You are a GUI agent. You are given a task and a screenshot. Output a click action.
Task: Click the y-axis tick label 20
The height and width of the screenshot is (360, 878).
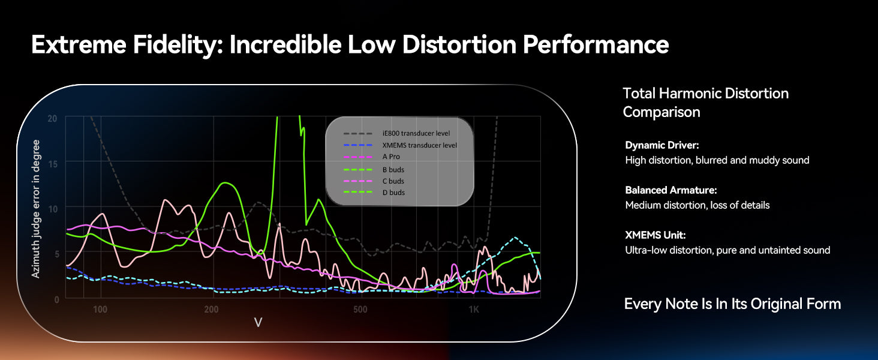[x=52, y=118]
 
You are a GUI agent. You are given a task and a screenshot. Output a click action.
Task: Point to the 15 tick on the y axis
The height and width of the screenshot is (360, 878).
[x=53, y=163]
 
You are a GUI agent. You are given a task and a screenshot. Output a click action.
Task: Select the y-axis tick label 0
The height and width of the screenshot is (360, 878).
[x=55, y=298]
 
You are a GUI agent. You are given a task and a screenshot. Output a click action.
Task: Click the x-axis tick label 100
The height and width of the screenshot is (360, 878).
[x=100, y=310]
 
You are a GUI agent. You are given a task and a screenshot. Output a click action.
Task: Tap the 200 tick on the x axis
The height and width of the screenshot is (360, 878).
[x=211, y=310]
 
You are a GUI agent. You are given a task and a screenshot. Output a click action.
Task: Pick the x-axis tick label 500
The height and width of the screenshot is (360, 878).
[x=360, y=310]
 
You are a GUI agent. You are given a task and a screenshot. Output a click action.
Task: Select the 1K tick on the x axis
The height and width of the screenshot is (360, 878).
[x=474, y=310]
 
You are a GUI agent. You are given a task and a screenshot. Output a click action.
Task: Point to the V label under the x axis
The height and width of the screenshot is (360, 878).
[x=258, y=323]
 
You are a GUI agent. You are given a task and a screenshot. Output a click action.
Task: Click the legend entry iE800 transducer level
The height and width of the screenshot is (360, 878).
[x=416, y=133]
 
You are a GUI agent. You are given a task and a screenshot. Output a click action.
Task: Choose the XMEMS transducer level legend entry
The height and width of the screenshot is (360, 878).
[x=419, y=145]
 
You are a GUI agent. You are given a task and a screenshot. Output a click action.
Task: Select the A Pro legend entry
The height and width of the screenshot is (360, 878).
[x=391, y=157]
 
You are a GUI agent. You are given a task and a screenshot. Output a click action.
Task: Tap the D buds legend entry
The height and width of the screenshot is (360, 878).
[x=393, y=193]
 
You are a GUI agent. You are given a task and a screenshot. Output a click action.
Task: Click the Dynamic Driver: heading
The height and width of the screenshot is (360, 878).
[x=662, y=145]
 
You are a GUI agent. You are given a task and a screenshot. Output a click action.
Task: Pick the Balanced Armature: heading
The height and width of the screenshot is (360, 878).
[x=671, y=190]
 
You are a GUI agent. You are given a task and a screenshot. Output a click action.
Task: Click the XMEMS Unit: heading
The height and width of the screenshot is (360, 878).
[x=655, y=235]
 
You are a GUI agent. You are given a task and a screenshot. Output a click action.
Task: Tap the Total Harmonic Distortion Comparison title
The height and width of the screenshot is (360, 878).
[x=705, y=103]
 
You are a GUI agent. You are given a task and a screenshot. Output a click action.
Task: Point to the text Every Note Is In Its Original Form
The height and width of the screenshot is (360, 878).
[x=732, y=304]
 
